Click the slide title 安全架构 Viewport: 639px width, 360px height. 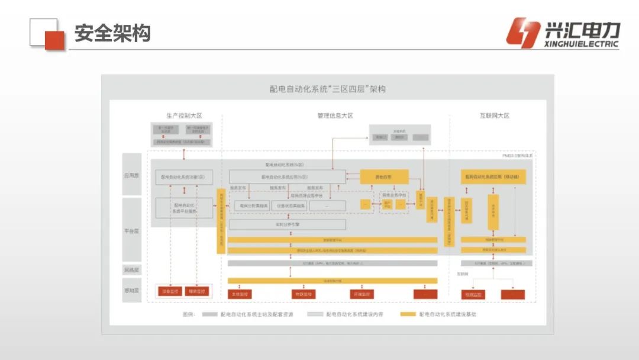(x=112, y=33)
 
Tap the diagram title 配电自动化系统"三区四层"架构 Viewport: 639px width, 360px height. (x=327, y=89)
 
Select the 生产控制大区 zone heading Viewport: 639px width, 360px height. (x=184, y=116)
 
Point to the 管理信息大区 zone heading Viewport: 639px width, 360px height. (x=335, y=116)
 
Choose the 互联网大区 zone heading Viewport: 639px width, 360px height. (x=494, y=116)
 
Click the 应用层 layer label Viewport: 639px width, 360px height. (x=131, y=176)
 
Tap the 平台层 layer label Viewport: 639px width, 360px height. (x=131, y=231)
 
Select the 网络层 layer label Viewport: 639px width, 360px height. (x=131, y=269)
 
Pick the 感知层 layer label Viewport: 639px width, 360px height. (x=131, y=291)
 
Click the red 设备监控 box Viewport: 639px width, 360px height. (x=170, y=291)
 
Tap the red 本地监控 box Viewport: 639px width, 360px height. (x=240, y=294)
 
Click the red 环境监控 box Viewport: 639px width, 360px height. (x=363, y=294)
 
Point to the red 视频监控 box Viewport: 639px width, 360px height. (x=473, y=294)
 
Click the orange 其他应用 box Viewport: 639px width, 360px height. (x=384, y=176)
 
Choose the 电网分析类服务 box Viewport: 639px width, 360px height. (x=250, y=205)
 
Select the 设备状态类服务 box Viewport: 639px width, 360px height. (x=291, y=205)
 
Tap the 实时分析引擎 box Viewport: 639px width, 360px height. (x=287, y=225)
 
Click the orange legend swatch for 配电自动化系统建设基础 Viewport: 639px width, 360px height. (x=408, y=314)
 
